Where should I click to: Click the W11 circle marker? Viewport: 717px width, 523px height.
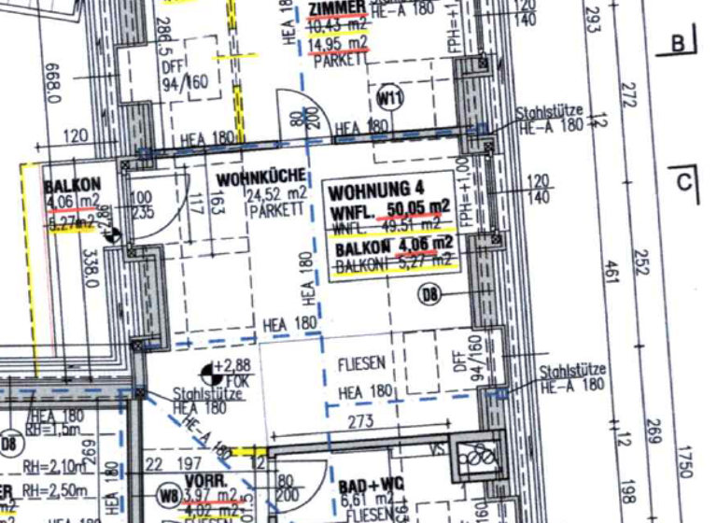389,97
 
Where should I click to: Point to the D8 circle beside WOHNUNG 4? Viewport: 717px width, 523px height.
429,296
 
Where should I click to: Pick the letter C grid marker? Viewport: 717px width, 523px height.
685,182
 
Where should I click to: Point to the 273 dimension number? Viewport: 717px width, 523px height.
361,423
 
